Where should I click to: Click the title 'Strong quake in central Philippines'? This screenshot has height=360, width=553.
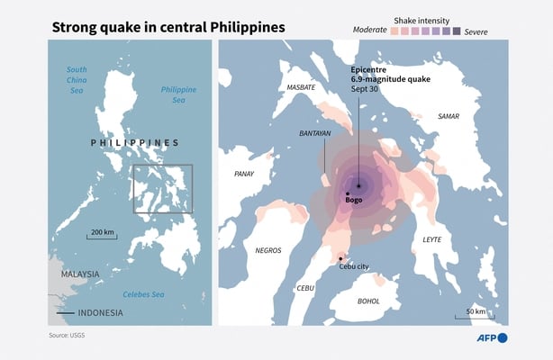[x=168, y=27]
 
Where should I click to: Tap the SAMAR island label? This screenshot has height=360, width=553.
[x=448, y=116]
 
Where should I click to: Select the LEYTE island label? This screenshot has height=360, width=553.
[x=432, y=239]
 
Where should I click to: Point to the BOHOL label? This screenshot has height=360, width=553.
[x=369, y=301]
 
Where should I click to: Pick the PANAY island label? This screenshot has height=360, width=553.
[x=243, y=174]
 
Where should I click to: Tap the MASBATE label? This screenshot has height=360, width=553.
[x=300, y=87]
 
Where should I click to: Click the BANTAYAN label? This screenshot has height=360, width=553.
[x=315, y=132]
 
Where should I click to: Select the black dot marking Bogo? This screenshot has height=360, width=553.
[x=348, y=193]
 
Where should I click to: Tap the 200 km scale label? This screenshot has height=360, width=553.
[x=103, y=233]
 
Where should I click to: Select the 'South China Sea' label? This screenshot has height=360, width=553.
[x=77, y=79]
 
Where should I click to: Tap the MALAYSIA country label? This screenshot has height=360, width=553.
[x=80, y=273]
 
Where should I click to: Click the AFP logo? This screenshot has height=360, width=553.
[x=492, y=337]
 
